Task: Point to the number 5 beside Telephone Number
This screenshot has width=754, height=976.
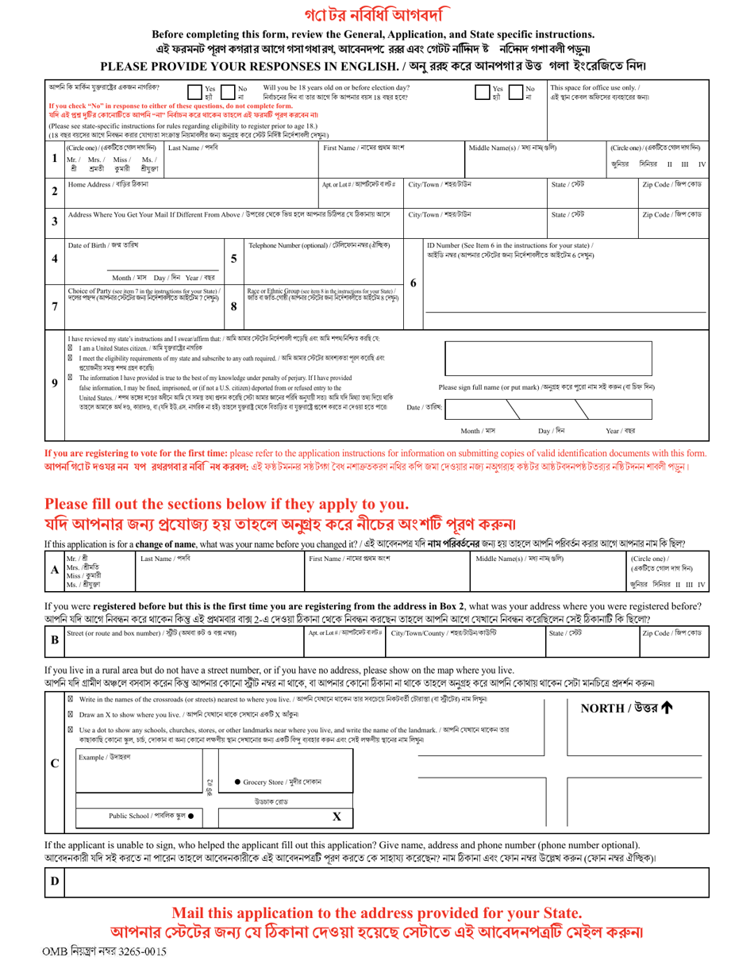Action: (233, 259)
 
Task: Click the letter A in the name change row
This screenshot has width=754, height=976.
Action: (54, 570)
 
